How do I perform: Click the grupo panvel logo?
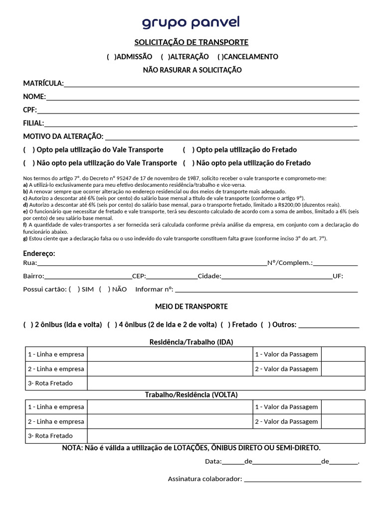pyautogui.click(x=191, y=23)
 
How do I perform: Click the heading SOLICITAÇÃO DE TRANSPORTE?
pyautogui.click(x=191, y=42)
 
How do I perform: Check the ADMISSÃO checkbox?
pyautogui.click(x=111, y=57)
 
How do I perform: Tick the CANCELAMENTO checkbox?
pyautogui.click(x=220, y=57)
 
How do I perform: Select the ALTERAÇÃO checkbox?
pyautogui.click(x=165, y=57)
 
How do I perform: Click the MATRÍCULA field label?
pyautogui.click(x=43, y=83)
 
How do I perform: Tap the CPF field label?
pyautogui.click(x=30, y=110)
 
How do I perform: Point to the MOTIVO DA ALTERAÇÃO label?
pyautogui.click(x=63, y=136)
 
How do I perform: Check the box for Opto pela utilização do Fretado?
pyautogui.click(x=187, y=150)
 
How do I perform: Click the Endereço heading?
pyautogui.click(x=39, y=254)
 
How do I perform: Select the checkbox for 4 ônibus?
pyautogui.click(x=111, y=325)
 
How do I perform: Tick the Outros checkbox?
pyautogui.click(x=265, y=325)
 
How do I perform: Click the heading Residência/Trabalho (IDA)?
pyautogui.click(x=191, y=342)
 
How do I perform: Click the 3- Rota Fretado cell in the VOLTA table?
pyautogui.click(x=50, y=436)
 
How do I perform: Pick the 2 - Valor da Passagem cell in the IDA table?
pyautogui.click(x=286, y=369)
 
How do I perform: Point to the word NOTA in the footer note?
pyautogui.click(x=72, y=448)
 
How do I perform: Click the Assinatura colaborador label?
pyautogui.click(x=204, y=479)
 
